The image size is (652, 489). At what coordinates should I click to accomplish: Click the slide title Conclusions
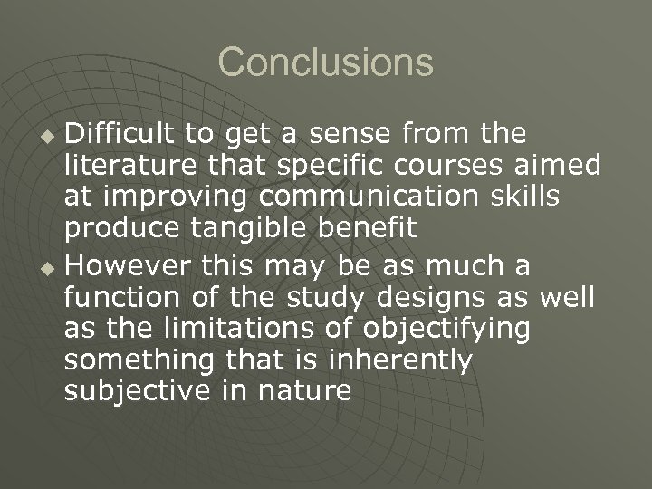point(326,62)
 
